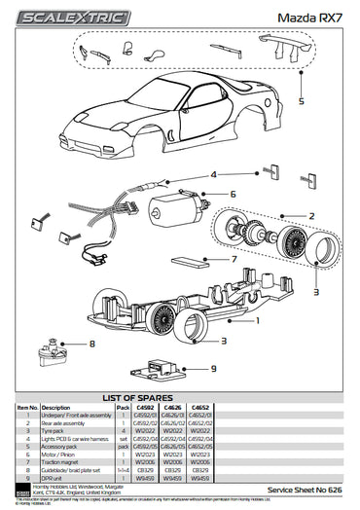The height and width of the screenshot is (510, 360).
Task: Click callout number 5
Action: coord(302,101)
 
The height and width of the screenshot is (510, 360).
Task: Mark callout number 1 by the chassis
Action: coord(257,318)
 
